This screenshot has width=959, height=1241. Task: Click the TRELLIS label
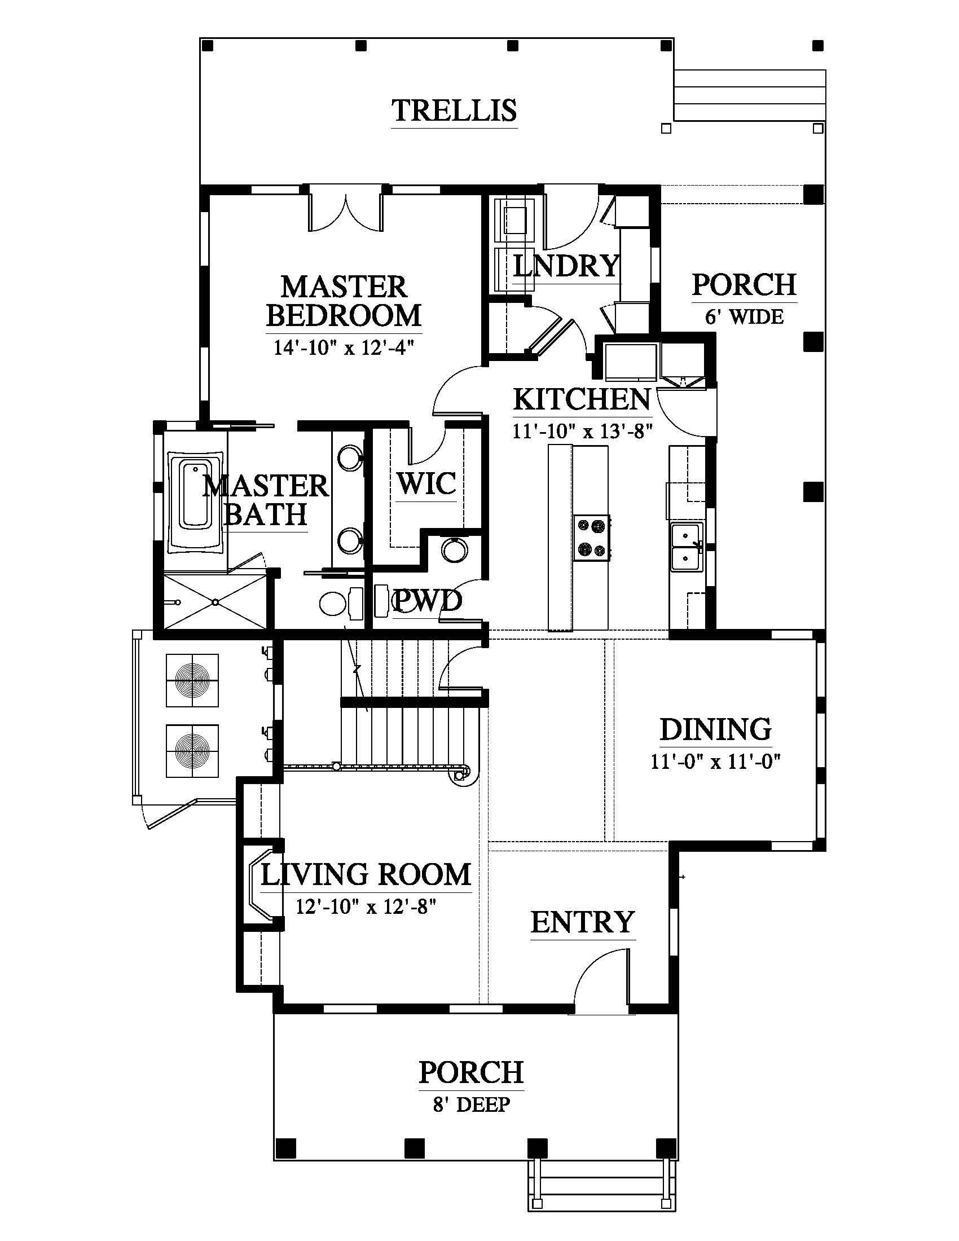click(455, 110)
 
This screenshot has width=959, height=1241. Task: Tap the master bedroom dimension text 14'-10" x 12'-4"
click(344, 346)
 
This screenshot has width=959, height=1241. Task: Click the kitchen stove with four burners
click(591, 538)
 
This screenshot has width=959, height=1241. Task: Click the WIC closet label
click(426, 483)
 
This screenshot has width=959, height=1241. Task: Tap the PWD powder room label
click(427, 601)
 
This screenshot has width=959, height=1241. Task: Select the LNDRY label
click(566, 265)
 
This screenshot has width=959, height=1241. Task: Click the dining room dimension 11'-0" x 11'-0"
click(716, 761)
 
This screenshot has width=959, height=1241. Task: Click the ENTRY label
click(582, 922)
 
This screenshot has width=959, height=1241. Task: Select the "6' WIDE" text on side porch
click(744, 316)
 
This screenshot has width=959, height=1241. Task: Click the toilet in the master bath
click(341, 604)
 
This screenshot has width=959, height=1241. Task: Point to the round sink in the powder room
click(455, 549)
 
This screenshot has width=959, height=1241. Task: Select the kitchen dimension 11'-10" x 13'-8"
click(582, 432)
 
